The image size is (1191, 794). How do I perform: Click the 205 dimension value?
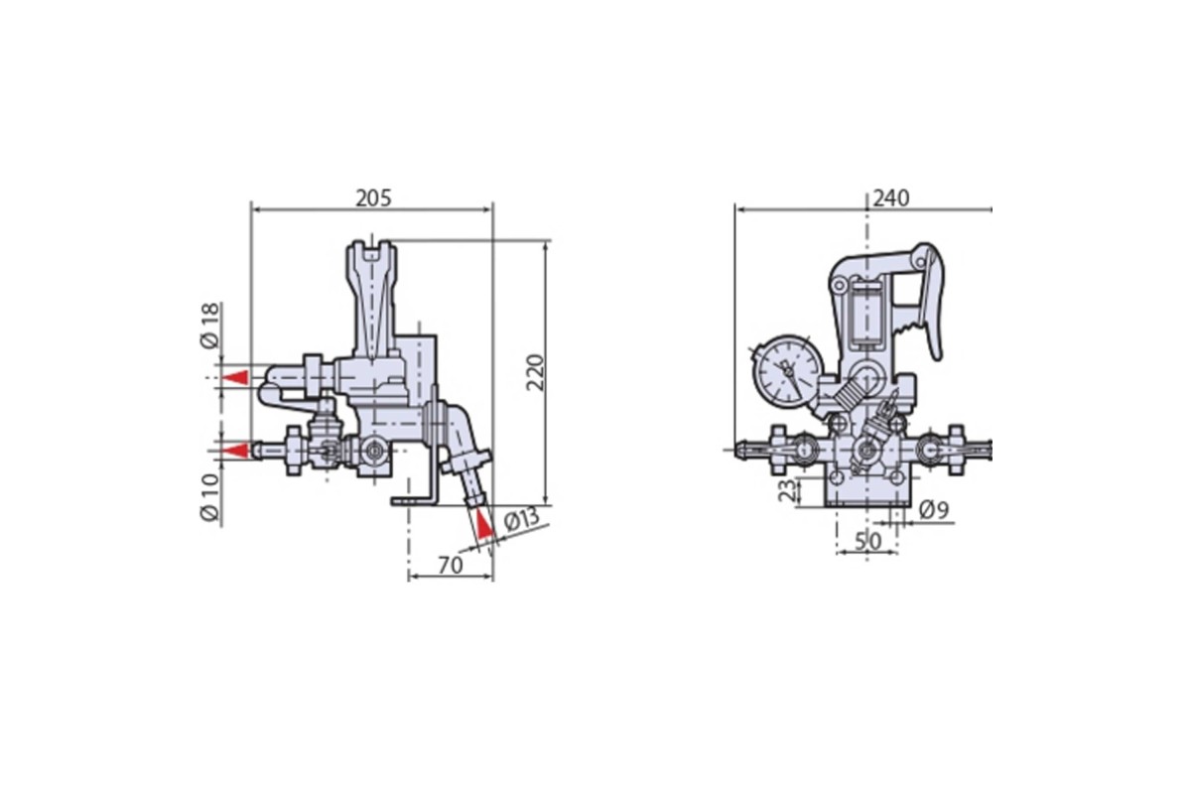373,198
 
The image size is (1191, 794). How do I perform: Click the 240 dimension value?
891,198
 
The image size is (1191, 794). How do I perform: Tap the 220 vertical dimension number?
535,372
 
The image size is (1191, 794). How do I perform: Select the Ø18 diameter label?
209,326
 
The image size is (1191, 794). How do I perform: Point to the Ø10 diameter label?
209,496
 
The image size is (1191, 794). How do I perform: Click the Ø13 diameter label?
522,519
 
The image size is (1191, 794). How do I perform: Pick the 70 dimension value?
451,566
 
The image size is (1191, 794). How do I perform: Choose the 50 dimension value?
868,541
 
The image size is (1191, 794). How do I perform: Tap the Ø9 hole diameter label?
934,510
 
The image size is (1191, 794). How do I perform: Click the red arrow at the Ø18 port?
234,377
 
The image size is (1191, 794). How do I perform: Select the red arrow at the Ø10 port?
234,451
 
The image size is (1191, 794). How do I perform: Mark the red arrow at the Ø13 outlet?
484,524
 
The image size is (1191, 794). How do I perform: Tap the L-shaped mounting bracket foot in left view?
414,500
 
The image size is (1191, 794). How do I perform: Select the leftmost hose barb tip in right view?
741,450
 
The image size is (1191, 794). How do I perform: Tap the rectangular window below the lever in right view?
866,315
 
